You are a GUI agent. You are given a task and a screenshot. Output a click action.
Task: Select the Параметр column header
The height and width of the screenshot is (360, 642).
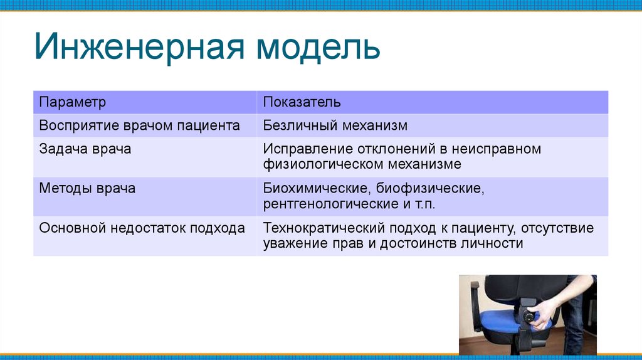73,102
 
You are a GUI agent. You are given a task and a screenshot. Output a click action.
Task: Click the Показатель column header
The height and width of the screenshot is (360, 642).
302,102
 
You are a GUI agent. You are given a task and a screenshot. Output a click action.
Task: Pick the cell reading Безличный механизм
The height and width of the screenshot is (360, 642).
335,125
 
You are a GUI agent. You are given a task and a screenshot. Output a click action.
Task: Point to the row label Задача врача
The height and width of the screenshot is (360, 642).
85,149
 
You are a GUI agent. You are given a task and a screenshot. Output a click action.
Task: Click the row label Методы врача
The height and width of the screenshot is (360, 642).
87,188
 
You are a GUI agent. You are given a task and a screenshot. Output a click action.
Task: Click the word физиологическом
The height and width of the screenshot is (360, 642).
324,164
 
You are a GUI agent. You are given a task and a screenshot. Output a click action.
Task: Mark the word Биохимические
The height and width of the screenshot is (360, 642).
317,188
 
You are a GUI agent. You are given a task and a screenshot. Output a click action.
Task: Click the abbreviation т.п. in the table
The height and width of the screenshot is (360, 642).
425,204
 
